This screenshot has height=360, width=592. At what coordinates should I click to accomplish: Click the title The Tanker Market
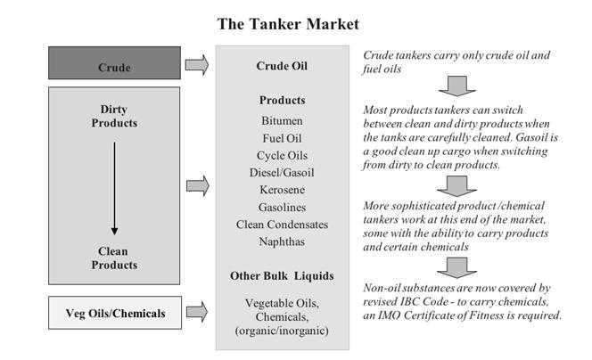[x=288, y=24]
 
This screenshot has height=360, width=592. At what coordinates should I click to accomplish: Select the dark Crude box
[x=114, y=62]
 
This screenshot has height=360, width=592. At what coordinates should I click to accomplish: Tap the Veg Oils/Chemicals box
[x=115, y=313]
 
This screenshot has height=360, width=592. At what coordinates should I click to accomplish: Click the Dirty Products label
[x=114, y=116]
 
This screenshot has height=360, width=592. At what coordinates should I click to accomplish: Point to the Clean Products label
[x=114, y=258]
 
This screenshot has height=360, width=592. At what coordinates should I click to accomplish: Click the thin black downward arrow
[x=114, y=188]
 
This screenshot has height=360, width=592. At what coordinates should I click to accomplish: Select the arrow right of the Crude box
[x=197, y=64]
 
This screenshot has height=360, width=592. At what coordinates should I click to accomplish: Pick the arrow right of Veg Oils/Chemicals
[x=197, y=312]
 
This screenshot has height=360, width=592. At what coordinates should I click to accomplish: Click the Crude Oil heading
[x=282, y=66]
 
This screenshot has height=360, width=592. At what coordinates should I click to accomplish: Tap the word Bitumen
[x=282, y=121]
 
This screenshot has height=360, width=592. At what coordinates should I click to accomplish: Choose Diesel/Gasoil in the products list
[x=282, y=173]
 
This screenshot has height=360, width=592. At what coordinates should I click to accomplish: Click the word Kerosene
[x=282, y=190]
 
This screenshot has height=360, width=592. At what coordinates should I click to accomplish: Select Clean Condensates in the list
[x=282, y=225]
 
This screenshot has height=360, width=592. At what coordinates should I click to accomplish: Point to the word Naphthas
[x=282, y=241]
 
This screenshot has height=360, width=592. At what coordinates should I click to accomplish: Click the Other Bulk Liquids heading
[x=282, y=276]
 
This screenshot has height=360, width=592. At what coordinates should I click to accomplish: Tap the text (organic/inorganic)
[x=282, y=331]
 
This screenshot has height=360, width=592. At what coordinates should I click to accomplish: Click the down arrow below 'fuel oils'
[x=456, y=86]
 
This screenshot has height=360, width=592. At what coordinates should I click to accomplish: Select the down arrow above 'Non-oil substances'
[x=456, y=267]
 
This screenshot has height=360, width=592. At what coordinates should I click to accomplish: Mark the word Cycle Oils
[x=282, y=155]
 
